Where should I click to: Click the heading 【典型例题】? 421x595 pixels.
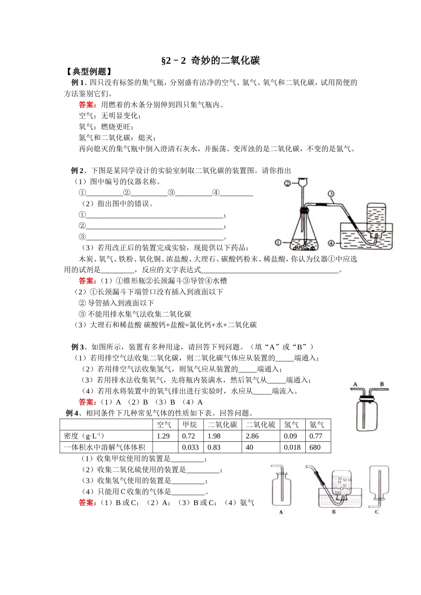click(x=89, y=72)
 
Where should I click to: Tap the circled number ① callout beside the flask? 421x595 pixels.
click(x=278, y=242)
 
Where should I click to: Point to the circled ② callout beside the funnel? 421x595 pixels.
click(x=287, y=183)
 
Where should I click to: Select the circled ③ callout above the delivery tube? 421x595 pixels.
click(x=331, y=193)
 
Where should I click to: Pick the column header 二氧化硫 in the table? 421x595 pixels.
click(x=260, y=425)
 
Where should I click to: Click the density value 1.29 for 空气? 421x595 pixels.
click(x=163, y=436)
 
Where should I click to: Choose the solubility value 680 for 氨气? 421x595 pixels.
click(x=315, y=448)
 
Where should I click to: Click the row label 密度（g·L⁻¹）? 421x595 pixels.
click(x=84, y=436)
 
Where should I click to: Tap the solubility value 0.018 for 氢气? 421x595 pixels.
click(x=292, y=448)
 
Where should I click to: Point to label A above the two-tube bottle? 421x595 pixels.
click(x=355, y=384)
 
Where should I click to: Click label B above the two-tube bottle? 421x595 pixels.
click(x=382, y=384)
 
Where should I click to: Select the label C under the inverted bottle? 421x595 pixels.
click(x=377, y=512)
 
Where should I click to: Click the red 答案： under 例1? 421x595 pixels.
click(x=87, y=105)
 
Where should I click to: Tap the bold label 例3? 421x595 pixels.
click(x=77, y=347)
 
